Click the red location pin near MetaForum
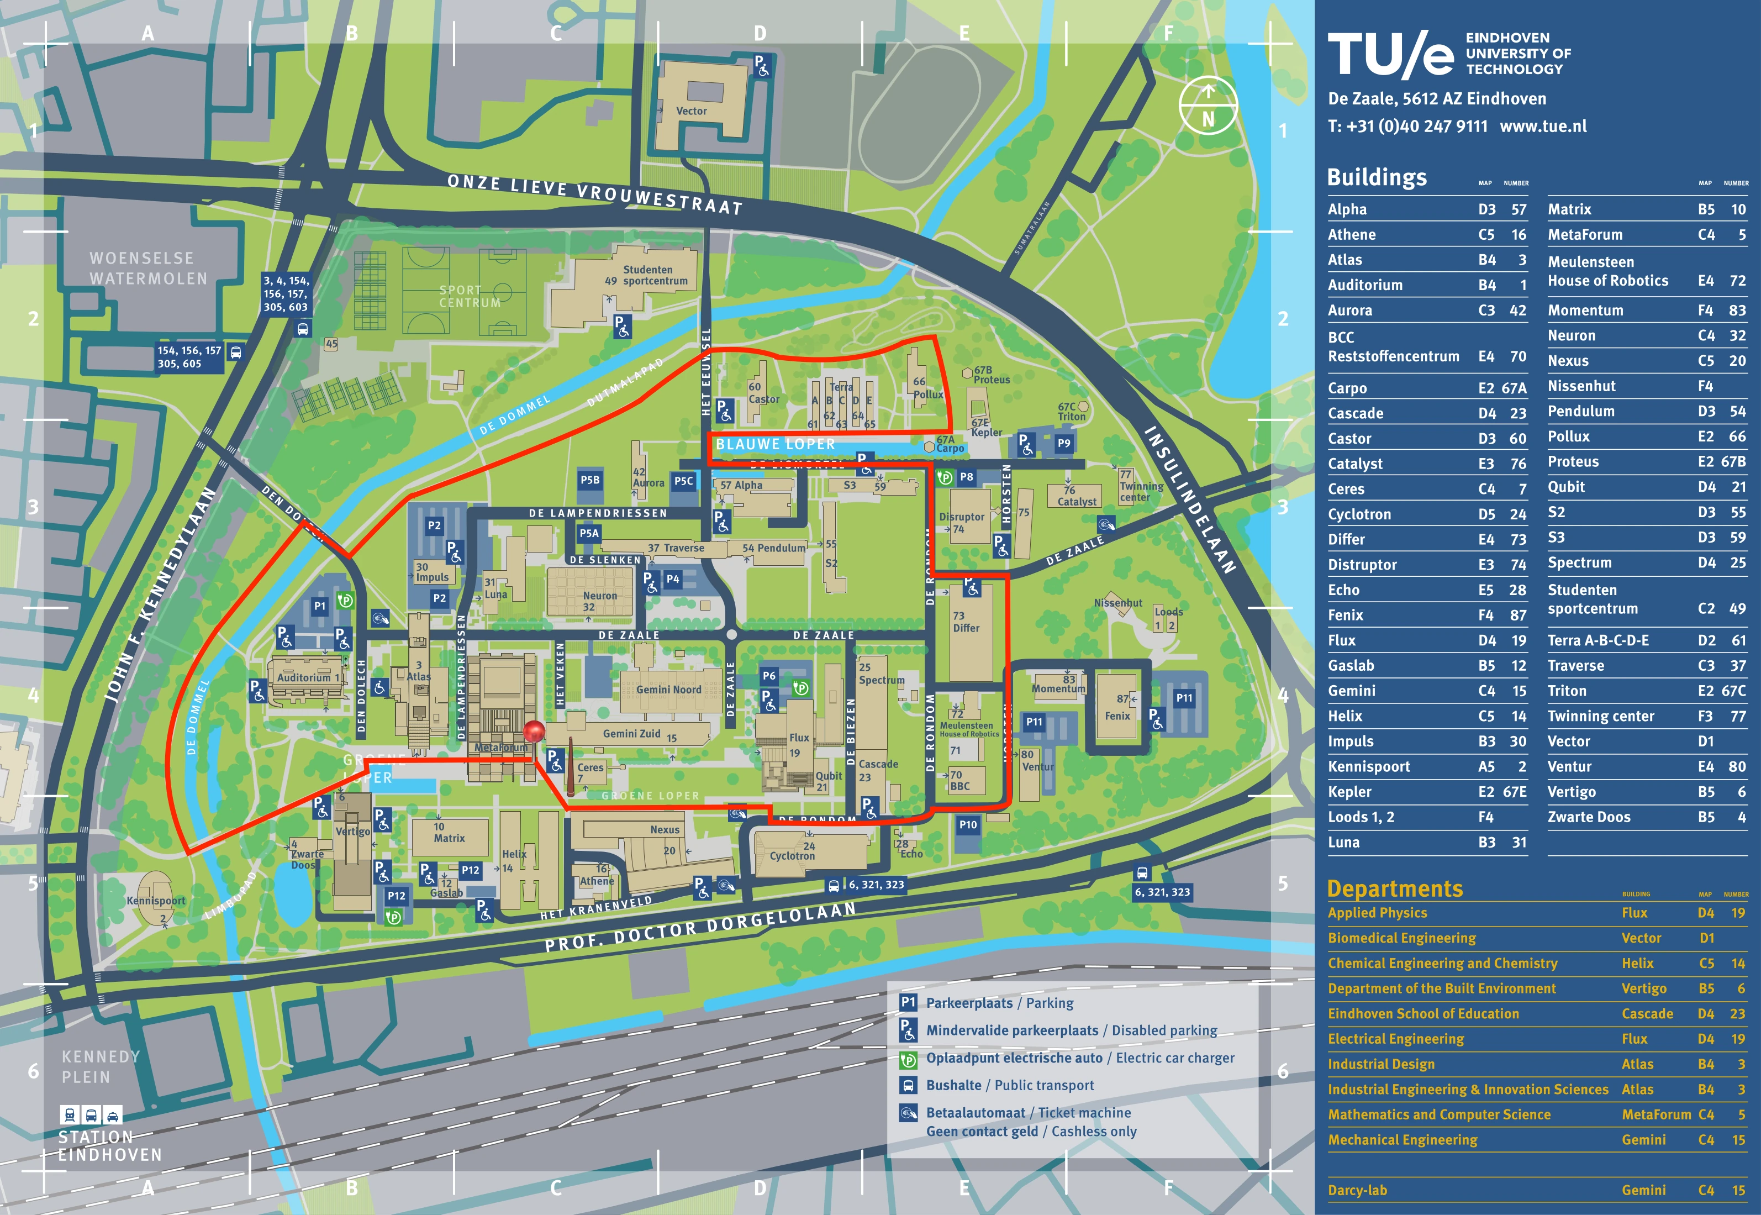(534, 732)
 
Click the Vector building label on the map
(691, 111)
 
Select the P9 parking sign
(1063, 443)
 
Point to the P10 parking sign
(967, 824)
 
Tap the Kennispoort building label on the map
(155, 901)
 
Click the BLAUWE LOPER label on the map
(774, 444)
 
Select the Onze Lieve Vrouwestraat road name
(594, 193)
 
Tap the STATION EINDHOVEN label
(110, 1146)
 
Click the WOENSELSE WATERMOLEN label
(147, 268)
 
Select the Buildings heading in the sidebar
(1376, 177)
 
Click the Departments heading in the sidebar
(1394, 888)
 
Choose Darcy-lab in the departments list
(1357, 1190)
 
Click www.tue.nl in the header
(1543, 127)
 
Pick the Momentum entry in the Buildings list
(1585, 310)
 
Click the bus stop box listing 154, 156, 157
(189, 357)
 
